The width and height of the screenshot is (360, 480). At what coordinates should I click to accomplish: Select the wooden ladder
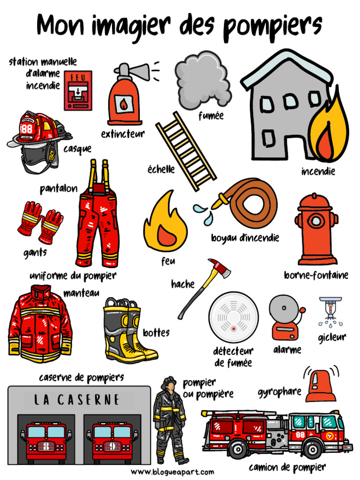coord(186,150)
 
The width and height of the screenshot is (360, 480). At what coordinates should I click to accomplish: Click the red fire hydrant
coord(317,230)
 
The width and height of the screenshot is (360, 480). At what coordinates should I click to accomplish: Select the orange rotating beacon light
coord(321,386)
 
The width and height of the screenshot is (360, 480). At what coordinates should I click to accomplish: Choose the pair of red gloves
coord(40,222)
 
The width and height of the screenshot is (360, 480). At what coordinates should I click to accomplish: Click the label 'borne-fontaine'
coord(316,275)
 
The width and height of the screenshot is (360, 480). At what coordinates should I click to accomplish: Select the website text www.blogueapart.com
coord(172,472)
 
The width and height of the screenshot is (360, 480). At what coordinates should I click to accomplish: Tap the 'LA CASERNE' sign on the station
coord(78,400)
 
